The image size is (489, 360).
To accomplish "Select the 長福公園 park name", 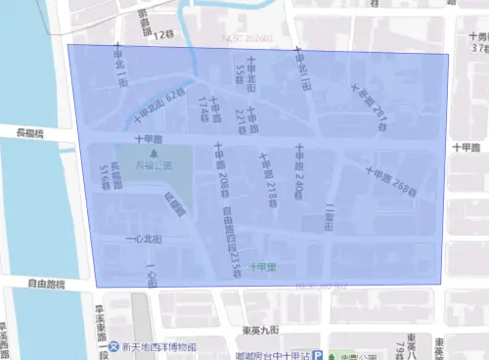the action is tap(154, 165).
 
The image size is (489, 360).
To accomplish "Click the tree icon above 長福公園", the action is tap(154, 154).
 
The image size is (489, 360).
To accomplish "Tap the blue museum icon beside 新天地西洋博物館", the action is tap(115, 347).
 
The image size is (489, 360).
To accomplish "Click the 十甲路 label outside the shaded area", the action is tap(467, 147).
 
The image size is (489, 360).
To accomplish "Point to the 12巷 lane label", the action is tap(162, 35).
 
